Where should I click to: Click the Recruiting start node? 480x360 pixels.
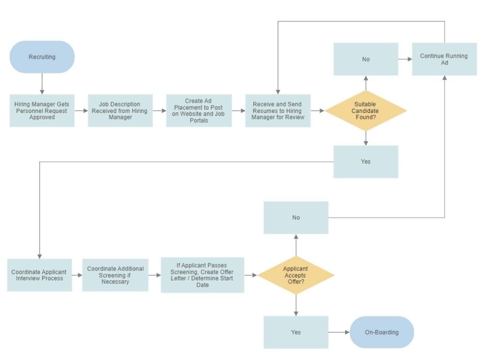click(x=42, y=57)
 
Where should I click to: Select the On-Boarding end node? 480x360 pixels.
click(x=382, y=332)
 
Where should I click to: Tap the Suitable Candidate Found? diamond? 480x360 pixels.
click(x=366, y=111)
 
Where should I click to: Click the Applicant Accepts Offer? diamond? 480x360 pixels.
click(x=296, y=275)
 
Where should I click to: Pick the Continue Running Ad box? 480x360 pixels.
click(x=444, y=59)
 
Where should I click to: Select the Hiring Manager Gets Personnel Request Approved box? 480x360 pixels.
click(x=42, y=111)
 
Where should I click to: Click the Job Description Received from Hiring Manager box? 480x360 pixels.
click(x=120, y=111)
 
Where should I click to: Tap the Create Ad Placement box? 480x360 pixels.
click(x=199, y=111)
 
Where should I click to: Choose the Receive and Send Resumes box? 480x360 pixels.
click(x=278, y=111)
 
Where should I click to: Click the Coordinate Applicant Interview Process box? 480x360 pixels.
click(x=39, y=275)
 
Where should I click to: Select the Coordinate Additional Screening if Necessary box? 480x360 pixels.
click(x=115, y=275)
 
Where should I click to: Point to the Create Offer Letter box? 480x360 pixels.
click(x=202, y=275)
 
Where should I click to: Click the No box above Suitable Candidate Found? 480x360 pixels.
click(x=366, y=59)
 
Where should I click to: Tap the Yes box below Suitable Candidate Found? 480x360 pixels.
click(x=366, y=162)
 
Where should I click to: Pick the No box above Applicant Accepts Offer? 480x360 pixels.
click(x=296, y=217)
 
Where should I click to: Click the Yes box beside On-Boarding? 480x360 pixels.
click(x=296, y=332)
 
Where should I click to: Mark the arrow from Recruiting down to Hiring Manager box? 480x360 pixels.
click(x=42, y=83)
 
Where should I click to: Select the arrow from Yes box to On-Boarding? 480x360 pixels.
click(x=339, y=332)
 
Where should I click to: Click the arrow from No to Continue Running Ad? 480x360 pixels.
click(x=405, y=59)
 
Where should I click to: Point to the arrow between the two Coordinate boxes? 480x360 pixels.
click(x=77, y=275)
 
